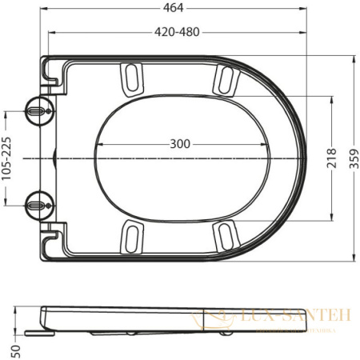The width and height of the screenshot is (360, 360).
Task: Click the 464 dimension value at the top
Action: [174, 8]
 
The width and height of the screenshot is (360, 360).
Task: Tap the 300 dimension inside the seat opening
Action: [180, 144]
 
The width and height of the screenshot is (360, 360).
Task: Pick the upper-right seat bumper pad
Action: [225, 81]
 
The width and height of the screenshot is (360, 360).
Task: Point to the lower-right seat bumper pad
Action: [225, 234]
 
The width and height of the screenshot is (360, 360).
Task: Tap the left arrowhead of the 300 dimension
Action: [98, 144]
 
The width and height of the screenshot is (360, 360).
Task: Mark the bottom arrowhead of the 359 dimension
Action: [352, 260]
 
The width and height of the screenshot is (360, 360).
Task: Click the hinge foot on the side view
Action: [34, 330]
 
